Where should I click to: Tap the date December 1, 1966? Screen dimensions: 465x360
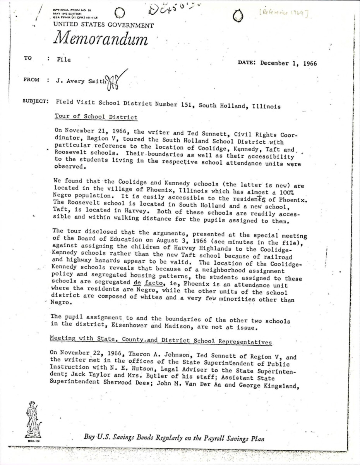point(288,64)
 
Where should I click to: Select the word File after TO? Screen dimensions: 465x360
point(63,60)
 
